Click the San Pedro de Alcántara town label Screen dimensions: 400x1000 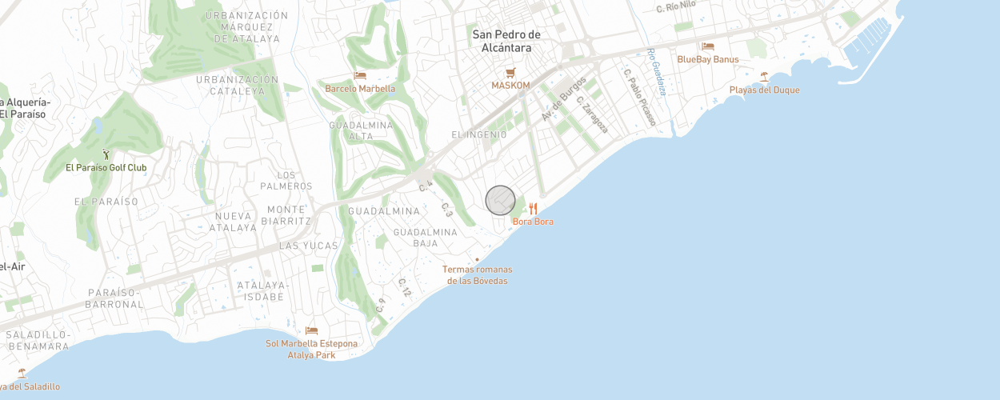506,41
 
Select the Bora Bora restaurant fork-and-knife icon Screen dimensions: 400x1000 533,209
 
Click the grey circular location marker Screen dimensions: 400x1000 500,200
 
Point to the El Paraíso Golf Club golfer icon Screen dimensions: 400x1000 106,154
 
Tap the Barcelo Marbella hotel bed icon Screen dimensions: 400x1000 360,76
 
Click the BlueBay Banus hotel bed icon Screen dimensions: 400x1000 707,46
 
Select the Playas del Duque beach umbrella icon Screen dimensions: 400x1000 764,77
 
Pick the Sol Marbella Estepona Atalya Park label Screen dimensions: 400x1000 312,349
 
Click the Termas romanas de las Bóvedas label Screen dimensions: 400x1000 478,274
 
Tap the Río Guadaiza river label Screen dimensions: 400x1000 656,72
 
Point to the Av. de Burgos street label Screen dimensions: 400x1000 564,99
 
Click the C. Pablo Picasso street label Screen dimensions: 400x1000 639,96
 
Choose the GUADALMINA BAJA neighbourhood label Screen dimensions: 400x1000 426,238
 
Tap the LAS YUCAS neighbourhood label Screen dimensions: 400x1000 309,246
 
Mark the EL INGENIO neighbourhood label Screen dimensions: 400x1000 479,134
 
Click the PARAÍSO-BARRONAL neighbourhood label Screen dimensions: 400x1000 115,298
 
